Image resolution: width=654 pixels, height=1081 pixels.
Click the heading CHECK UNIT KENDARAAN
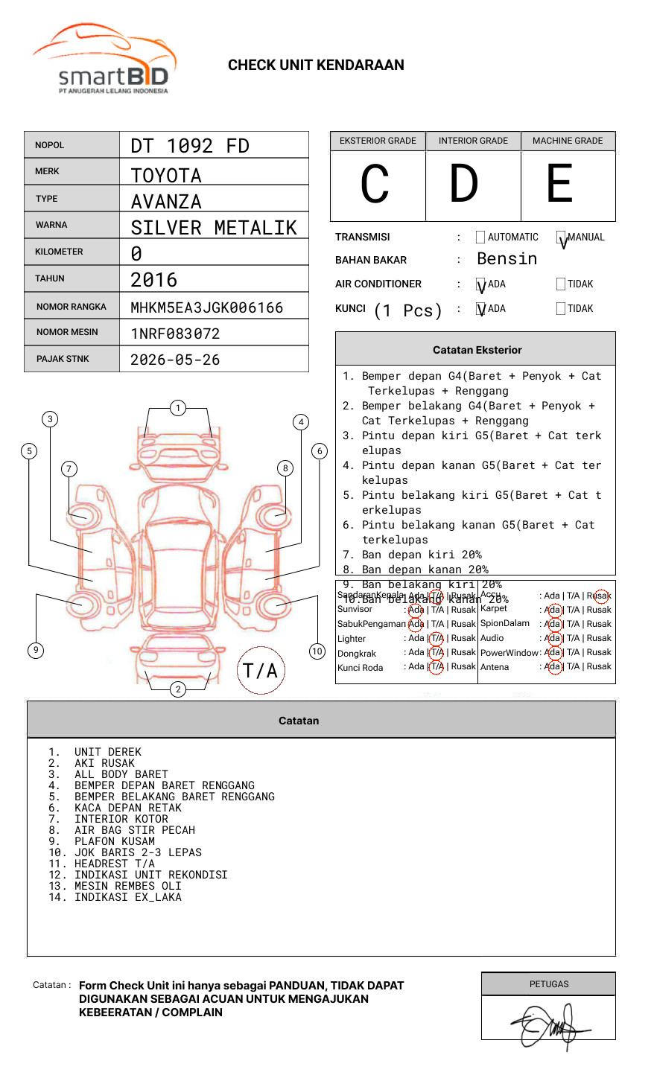(316, 66)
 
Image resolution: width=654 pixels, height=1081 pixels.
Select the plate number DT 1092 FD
(190, 146)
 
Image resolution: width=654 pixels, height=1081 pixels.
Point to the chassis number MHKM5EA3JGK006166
(206, 307)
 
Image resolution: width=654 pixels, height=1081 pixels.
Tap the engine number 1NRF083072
(175, 334)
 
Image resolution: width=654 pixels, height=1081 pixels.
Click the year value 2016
(154, 280)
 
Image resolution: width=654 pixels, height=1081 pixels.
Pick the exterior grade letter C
(375, 184)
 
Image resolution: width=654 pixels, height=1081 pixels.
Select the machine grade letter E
(560, 184)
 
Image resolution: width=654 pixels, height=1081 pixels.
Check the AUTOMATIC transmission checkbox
(480, 237)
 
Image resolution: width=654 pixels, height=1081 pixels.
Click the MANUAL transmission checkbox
(561, 237)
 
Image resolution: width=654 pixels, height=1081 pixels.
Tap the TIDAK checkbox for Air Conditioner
(561, 284)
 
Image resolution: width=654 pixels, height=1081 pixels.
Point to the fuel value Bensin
(507, 259)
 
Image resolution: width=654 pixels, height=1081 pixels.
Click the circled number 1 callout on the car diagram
(177, 408)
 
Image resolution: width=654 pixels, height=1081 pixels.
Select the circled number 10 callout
(317, 651)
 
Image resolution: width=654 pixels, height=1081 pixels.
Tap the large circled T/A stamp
(261, 670)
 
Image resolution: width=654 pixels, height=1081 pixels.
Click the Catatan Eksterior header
(477, 350)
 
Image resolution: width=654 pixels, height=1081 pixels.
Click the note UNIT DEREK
(107, 752)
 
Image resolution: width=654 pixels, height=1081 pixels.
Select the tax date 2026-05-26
(175, 360)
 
